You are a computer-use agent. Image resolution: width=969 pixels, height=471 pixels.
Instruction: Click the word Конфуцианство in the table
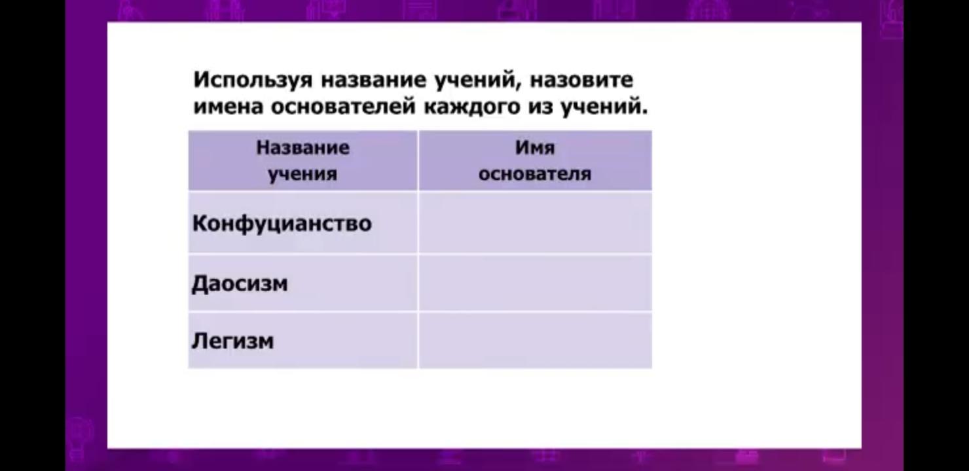(x=282, y=224)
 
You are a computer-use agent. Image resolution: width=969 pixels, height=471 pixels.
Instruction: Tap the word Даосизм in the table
(x=240, y=284)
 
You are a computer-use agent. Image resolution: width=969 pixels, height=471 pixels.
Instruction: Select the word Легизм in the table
(x=232, y=341)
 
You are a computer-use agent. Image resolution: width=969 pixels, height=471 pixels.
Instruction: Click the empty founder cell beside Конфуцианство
(x=536, y=222)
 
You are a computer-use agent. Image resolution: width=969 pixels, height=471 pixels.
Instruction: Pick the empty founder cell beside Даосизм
(x=536, y=283)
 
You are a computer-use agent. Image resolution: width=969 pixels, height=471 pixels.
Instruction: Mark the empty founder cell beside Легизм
(x=536, y=341)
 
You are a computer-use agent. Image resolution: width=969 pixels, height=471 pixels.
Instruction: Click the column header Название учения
(x=302, y=161)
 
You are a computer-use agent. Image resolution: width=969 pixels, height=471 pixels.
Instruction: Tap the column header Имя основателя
(x=536, y=161)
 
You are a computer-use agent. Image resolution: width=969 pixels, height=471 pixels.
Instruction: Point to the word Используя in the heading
(x=253, y=80)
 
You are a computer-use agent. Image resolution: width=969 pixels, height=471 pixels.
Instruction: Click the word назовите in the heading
(x=581, y=80)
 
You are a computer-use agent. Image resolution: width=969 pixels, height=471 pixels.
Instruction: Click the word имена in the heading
(x=228, y=107)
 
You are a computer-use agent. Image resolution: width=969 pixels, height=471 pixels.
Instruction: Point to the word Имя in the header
(x=535, y=148)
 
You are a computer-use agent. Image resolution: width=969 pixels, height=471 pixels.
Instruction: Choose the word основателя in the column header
(x=535, y=174)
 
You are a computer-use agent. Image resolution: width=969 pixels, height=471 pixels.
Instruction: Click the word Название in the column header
(x=302, y=148)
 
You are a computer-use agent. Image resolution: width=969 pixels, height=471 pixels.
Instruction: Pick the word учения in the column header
(x=302, y=175)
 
